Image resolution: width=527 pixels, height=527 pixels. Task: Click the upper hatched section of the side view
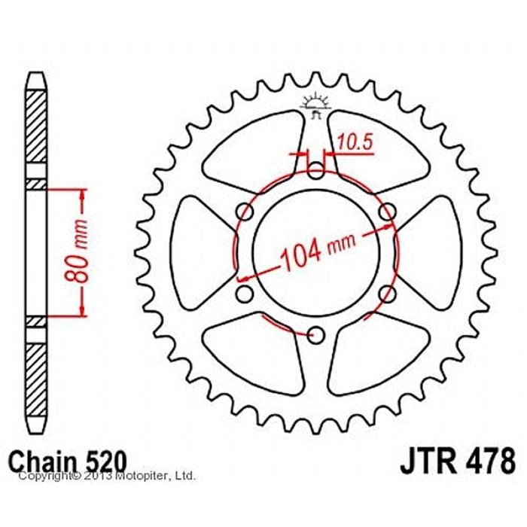pyautogui.click(x=37, y=124)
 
